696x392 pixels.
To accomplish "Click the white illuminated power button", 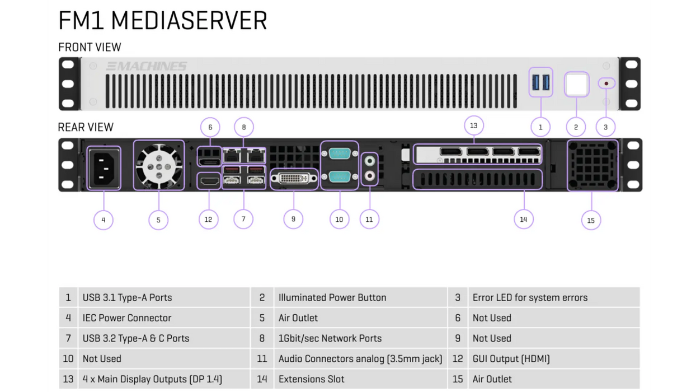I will click(576, 85).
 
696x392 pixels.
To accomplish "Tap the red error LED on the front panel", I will click(606, 83).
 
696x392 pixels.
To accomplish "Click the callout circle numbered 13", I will click(473, 125).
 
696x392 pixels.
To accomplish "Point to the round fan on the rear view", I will click(159, 166).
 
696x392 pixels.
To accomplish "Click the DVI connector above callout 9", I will click(294, 179).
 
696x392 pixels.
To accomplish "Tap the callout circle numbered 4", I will click(104, 220).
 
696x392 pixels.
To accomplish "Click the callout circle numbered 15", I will click(591, 221).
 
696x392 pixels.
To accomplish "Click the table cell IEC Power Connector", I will click(127, 318).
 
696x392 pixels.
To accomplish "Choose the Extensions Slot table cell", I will click(311, 379).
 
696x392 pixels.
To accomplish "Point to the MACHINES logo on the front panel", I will click(147, 66).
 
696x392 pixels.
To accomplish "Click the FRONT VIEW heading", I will click(90, 47).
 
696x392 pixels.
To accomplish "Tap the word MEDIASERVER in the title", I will click(189, 21).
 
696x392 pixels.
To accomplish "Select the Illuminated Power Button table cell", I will click(332, 297).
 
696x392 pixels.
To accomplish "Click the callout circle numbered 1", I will click(540, 127).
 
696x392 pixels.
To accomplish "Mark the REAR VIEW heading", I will click(86, 127).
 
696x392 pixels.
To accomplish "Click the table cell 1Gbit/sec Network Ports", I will click(330, 338).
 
